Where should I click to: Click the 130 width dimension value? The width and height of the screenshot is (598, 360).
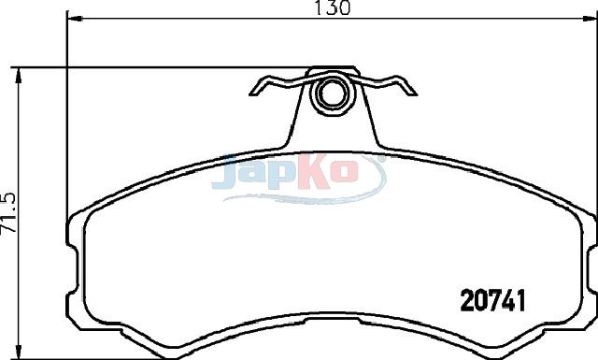[332, 7]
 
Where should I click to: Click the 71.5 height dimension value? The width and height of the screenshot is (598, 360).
[8, 213]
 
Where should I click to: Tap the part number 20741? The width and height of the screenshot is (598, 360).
[492, 299]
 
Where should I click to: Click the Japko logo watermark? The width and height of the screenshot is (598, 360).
[299, 178]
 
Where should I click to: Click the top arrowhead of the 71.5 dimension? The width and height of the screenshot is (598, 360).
[18, 76]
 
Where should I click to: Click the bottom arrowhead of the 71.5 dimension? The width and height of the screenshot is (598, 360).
[18, 352]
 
